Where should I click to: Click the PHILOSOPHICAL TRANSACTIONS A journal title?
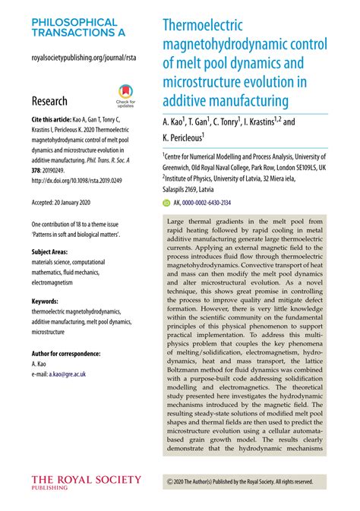coord(74,28)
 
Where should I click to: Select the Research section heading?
coord(49,101)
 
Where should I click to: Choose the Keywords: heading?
coord(48,301)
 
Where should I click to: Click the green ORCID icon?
coord(167,203)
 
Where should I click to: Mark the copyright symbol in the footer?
coord(169,481)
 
